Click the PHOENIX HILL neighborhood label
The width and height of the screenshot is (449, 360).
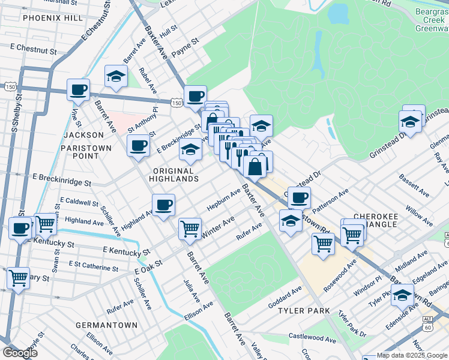coord(53,18)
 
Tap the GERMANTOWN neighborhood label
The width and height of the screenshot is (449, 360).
coord(106,325)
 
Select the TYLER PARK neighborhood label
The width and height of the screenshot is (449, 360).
coord(304,311)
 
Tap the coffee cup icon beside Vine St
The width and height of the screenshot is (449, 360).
coord(78,91)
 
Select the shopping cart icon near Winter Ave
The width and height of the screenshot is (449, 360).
coord(190,228)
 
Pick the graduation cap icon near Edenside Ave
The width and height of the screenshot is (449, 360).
coord(402,295)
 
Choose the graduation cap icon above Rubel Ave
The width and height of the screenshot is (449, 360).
coord(116,76)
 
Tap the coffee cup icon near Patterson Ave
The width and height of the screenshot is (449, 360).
coord(299,197)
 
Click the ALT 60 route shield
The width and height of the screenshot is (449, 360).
coord(427,323)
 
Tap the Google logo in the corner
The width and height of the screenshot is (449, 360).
coord(20,353)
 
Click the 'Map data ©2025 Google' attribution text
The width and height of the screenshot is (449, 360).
coord(412,355)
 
